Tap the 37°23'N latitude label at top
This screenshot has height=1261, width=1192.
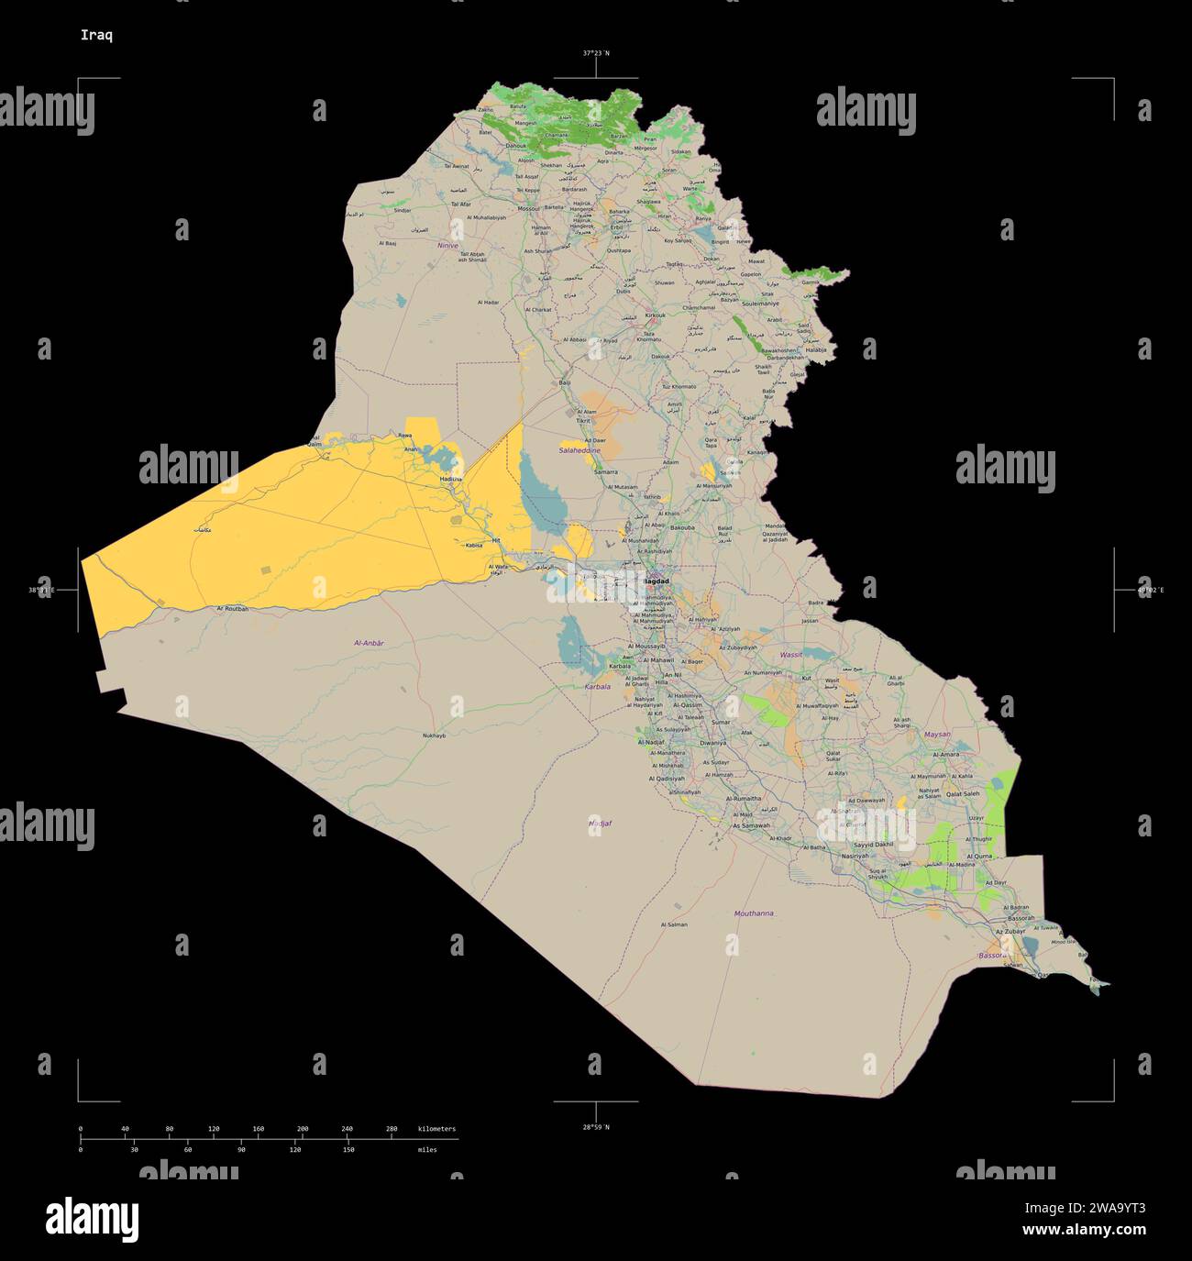[x=595, y=53]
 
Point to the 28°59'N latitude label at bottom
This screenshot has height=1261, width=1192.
[x=595, y=1126]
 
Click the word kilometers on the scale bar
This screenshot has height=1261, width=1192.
[x=436, y=1129]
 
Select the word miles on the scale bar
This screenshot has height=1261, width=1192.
[x=427, y=1149]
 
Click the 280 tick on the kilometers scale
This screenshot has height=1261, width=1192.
[x=392, y=1129]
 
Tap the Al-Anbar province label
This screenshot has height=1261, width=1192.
[x=369, y=644]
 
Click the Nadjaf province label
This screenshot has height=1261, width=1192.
[x=600, y=824]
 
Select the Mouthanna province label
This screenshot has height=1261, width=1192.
[x=754, y=913]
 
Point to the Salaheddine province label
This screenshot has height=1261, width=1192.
[x=580, y=451]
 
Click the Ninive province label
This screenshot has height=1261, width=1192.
[x=447, y=246]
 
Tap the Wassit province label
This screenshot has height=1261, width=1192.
[x=789, y=655]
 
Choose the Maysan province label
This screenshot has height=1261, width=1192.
[x=937, y=735]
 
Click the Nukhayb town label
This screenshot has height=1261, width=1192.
[x=434, y=736]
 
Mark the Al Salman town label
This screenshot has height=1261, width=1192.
[x=674, y=924]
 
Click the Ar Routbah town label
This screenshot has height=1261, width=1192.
[x=233, y=609]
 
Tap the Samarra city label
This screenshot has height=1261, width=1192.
[x=606, y=471]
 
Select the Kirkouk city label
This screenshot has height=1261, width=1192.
[x=656, y=315]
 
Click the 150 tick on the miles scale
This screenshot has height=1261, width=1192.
[x=348, y=1149]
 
